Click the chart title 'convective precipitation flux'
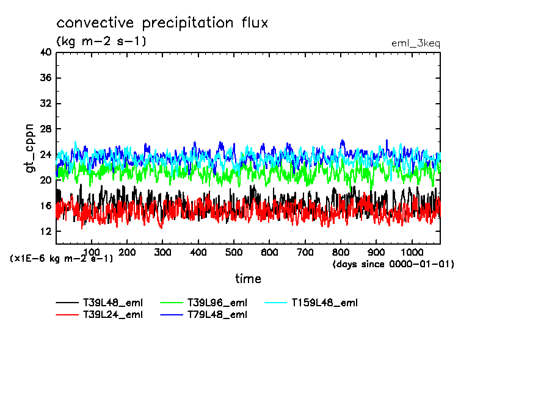(x=162, y=23)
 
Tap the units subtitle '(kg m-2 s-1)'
(x=101, y=41)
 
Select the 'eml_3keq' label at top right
(x=415, y=43)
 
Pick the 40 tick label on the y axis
(x=46, y=52)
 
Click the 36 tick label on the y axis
(x=46, y=78)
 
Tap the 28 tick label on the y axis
(x=46, y=129)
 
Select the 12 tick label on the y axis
(x=46, y=232)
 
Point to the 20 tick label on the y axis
(x=46, y=181)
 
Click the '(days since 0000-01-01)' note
(x=393, y=264)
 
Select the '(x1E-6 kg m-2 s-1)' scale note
(x=62, y=259)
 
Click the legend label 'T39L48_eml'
(x=113, y=302)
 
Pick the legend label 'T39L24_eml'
(x=113, y=315)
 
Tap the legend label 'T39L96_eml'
(x=217, y=302)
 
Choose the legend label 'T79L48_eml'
(x=217, y=315)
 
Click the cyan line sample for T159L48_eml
(x=277, y=302)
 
